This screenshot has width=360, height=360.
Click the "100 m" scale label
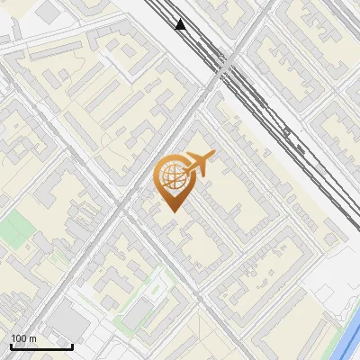[23, 338]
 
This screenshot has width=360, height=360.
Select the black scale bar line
[41, 346]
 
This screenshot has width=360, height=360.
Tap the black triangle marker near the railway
[181, 24]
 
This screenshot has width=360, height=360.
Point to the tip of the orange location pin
[171, 210]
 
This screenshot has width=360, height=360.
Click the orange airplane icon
[200, 163]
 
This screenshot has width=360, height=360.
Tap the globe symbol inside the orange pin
[171, 177]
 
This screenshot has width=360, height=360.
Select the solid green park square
[13, 230]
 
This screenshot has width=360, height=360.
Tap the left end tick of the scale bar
[11, 345]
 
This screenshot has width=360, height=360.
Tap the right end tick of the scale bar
[73, 345]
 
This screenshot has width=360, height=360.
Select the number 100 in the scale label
[19, 338]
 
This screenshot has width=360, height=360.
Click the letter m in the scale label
[32, 338]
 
